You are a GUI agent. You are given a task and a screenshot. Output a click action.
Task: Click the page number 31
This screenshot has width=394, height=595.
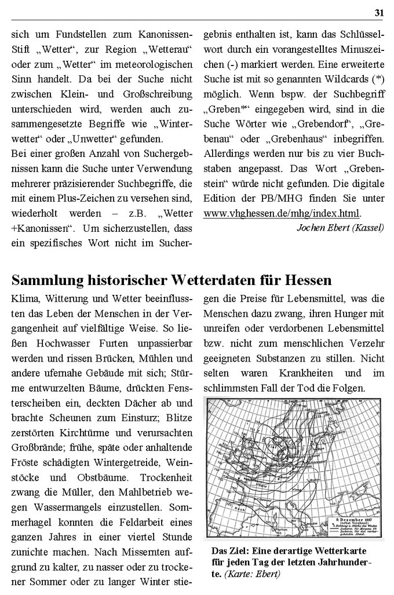coord(379,12)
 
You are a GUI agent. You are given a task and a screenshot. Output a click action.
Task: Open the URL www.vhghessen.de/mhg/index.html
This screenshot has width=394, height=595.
coord(282,213)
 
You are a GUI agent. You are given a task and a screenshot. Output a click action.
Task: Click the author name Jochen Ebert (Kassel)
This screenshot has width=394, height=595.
coord(340,227)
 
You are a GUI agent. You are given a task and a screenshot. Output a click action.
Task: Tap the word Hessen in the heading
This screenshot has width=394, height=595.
coord(308,280)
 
